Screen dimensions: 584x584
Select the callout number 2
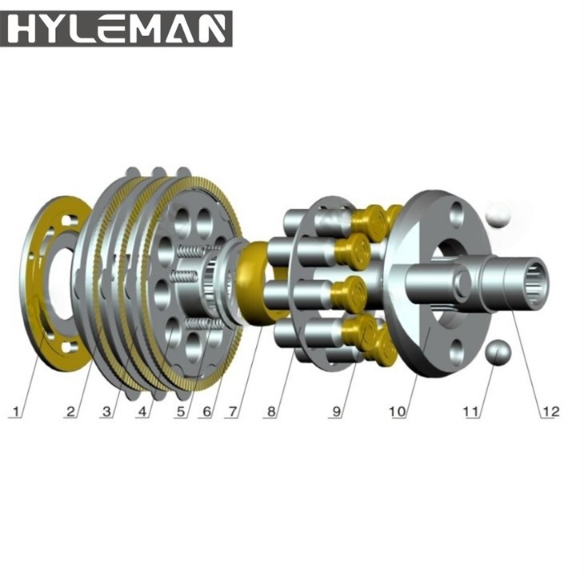coord(71,412)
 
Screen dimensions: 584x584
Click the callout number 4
coord(145,412)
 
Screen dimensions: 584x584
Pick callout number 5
coord(182,412)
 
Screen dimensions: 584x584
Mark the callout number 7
coord(233,412)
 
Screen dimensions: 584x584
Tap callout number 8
coord(272,412)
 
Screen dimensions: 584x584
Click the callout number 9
coord(338,412)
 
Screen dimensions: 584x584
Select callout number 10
coord(398,412)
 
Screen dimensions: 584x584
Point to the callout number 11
coord(471,412)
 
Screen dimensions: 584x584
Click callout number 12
coord(550,412)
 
